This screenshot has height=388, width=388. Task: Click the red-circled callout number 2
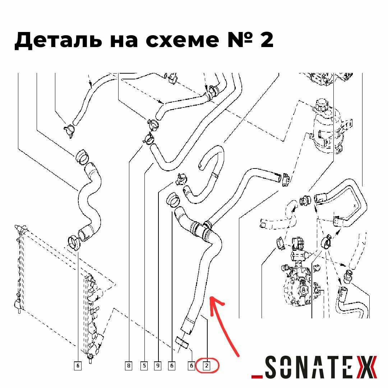click(x=207, y=366)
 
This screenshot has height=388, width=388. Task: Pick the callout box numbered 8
click(x=129, y=366)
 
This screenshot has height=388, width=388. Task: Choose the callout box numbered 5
click(x=144, y=366)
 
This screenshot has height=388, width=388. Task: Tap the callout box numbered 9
click(x=158, y=366)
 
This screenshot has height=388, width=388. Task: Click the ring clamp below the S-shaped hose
click(x=74, y=242)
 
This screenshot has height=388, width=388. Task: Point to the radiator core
click(x=19, y=269)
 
